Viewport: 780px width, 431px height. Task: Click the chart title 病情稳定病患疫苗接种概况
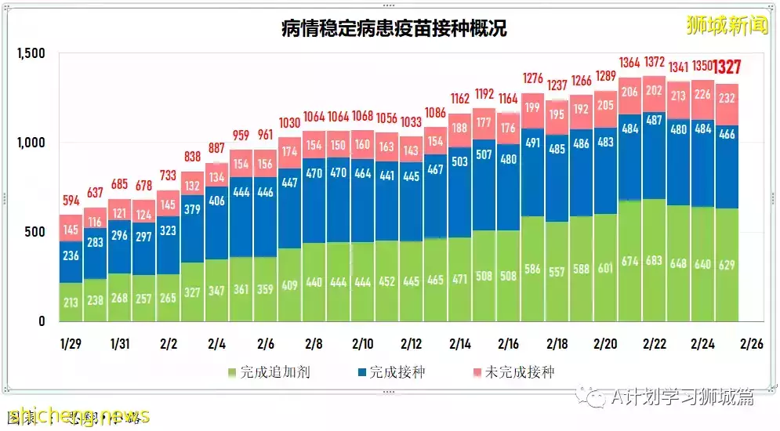click(x=394, y=30)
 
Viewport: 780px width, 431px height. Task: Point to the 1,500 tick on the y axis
click(x=31, y=53)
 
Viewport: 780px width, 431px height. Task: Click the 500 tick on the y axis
click(x=36, y=232)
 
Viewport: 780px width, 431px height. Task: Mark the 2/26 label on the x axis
click(x=751, y=343)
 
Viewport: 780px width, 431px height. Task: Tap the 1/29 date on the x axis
click(x=71, y=343)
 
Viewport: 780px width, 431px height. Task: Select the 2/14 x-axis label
click(x=459, y=343)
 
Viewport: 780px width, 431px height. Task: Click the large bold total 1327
click(x=727, y=67)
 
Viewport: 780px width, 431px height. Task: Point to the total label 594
click(x=71, y=201)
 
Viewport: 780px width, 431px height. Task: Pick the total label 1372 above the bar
click(x=654, y=62)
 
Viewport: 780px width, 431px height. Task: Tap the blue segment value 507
click(x=484, y=154)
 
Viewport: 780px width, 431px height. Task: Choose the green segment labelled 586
click(x=532, y=270)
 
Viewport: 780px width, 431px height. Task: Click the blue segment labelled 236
click(x=71, y=255)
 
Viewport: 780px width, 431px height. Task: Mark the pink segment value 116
click(x=95, y=223)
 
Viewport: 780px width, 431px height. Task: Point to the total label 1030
click(x=289, y=122)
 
